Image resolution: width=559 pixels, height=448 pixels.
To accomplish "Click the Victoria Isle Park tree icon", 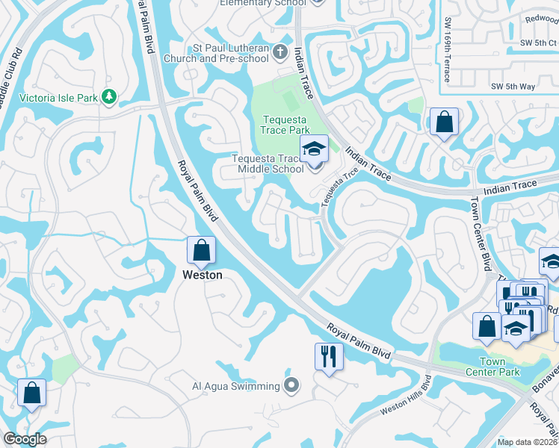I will pyautogui.click(x=109, y=96).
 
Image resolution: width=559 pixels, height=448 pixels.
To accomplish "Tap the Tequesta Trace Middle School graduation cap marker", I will pyautogui.click(x=314, y=149).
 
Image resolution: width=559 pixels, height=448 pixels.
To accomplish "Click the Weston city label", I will pyautogui.click(x=203, y=275).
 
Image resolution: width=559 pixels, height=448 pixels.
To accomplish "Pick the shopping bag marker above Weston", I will pyautogui.click(x=202, y=250).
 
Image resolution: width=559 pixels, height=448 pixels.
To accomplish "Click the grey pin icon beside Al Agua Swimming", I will pyautogui.click(x=292, y=386).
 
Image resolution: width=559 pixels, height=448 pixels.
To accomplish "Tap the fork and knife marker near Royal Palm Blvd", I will pyautogui.click(x=328, y=355).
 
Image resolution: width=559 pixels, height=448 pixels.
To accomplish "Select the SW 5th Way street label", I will pyautogui.click(x=513, y=87).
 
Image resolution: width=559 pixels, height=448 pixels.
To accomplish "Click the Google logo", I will pyautogui.click(x=25, y=439).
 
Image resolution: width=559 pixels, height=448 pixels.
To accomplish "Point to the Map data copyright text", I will pyautogui.click(x=528, y=442).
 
